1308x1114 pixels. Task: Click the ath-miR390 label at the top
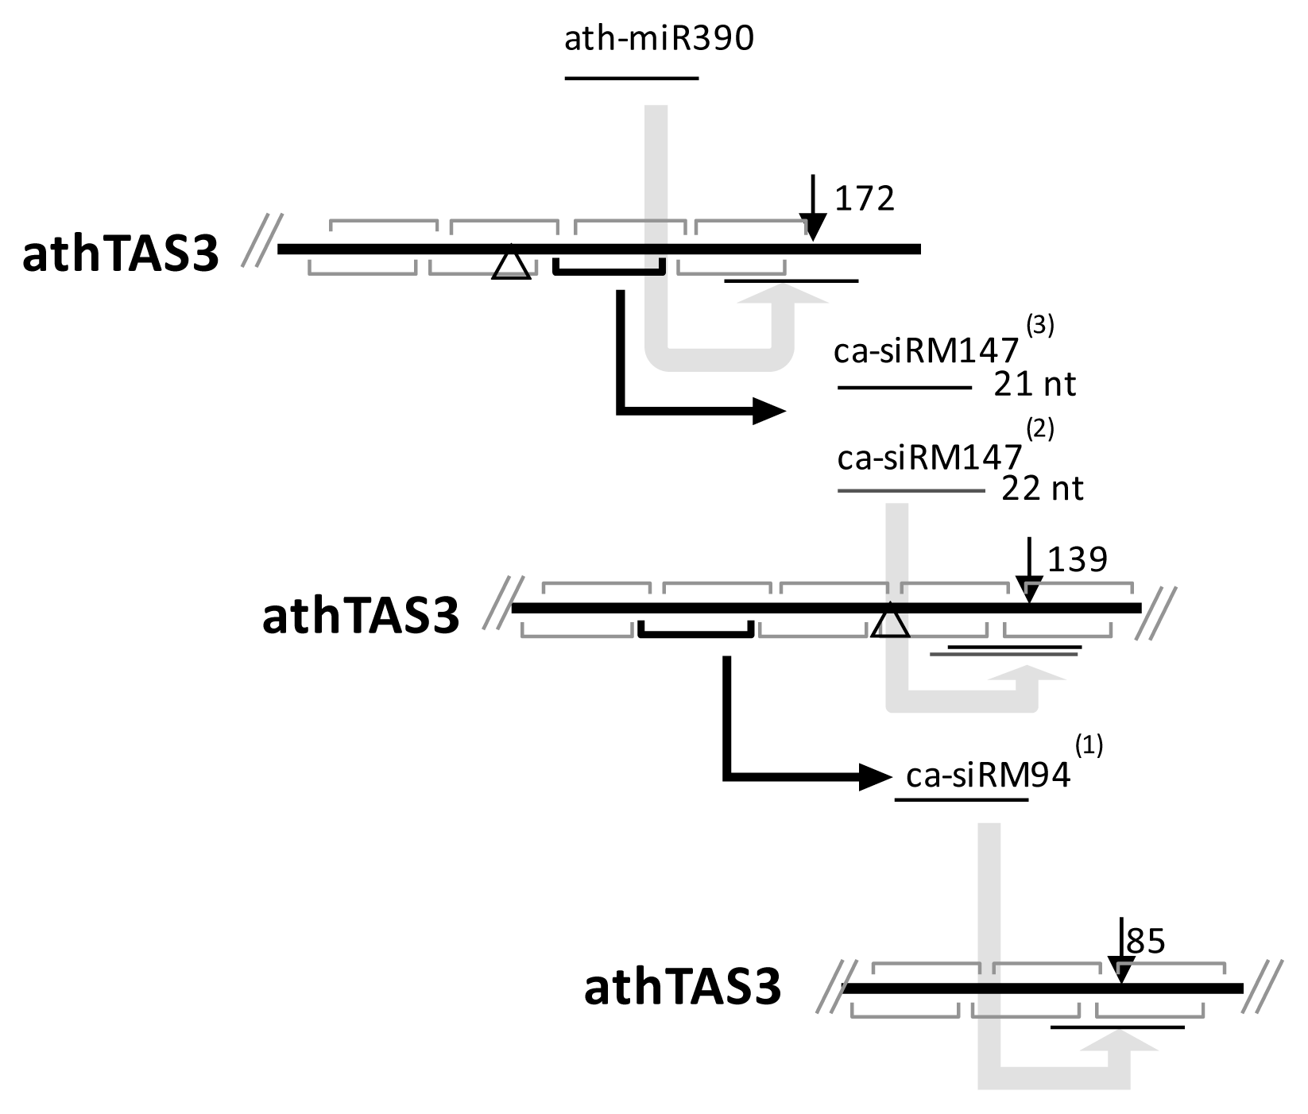pos(658,39)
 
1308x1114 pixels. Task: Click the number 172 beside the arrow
pos(864,199)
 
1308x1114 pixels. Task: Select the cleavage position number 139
pos(1077,559)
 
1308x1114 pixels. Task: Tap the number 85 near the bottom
pos(1146,942)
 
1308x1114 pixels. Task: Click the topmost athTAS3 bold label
pos(121,256)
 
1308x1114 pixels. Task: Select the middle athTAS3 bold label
pos(361,617)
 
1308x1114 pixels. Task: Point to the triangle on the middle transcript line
pos(890,622)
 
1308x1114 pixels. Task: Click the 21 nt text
pos(1035,385)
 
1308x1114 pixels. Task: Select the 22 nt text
pos(1042,488)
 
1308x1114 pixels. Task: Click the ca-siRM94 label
pos(988,776)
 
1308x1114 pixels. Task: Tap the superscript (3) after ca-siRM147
pos(1040,327)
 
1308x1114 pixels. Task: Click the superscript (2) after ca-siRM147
pos(1040,430)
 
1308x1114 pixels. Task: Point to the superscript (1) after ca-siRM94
pos(1089,746)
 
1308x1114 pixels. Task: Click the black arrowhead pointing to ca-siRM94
pos(874,776)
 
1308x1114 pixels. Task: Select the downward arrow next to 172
pos(812,208)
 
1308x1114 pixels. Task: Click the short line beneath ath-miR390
pos(631,79)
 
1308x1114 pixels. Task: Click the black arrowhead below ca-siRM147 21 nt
pos(768,411)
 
